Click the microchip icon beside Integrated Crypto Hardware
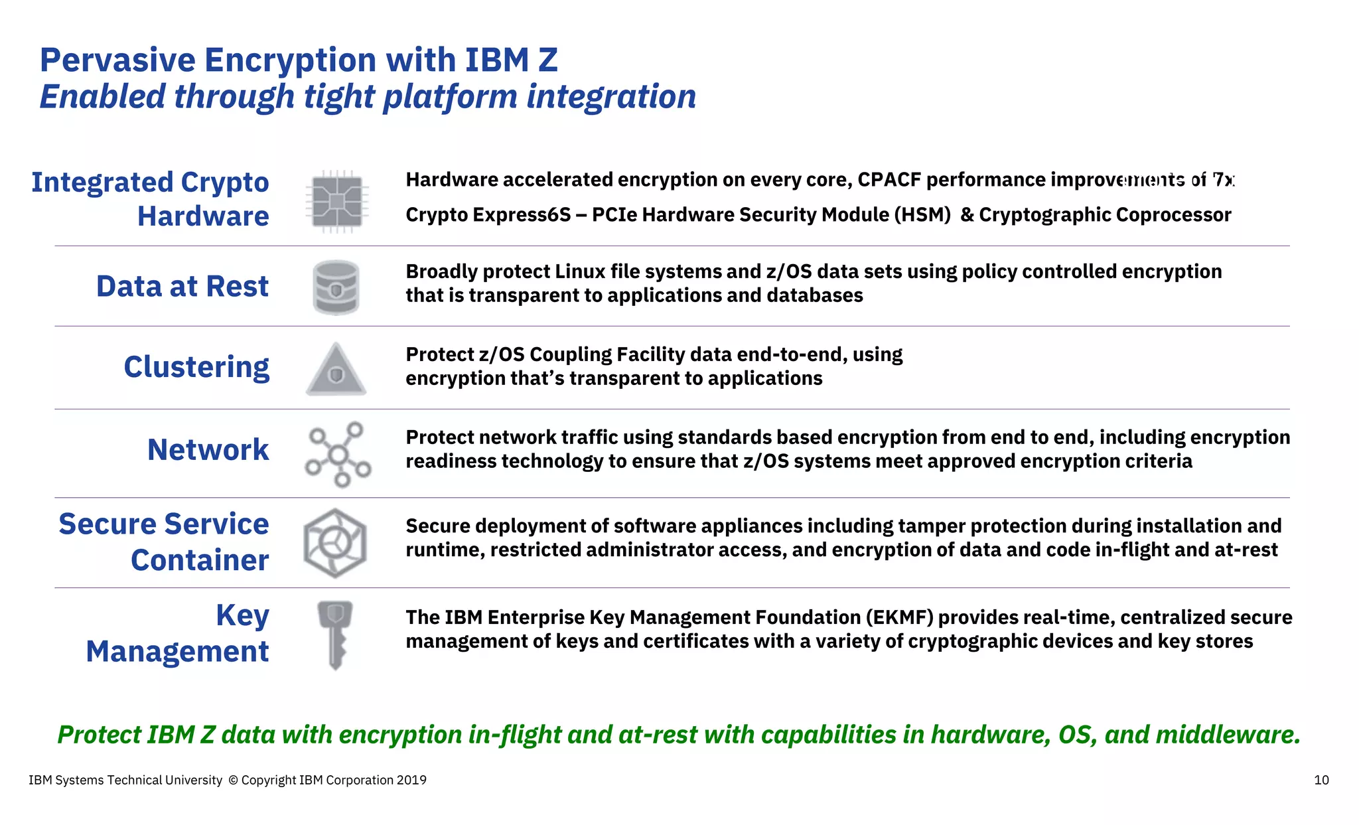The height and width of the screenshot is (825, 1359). pos(337,202)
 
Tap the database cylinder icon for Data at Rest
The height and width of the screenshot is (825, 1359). pos(336,287)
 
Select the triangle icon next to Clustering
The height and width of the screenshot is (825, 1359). pos(336,370)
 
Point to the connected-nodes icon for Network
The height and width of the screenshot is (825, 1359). pos(338,455)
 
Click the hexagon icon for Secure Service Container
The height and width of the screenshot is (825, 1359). pos(335,543)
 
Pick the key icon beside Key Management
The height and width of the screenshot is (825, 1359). pos(335,635)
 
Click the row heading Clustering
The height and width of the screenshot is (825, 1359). pos(196,367)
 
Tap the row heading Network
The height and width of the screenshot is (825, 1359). pos(208,450)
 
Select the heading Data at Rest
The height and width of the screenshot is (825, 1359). pos(182,287)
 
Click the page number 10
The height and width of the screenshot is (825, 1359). pos(1321,781)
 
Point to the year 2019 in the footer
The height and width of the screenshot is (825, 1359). pos(411,781)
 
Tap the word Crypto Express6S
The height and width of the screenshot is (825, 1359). pos(488,215)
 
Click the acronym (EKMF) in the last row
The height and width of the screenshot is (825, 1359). pos(900,618)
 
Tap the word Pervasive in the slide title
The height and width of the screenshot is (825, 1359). pos(117,60)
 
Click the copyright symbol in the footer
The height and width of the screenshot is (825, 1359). pos(233,781)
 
